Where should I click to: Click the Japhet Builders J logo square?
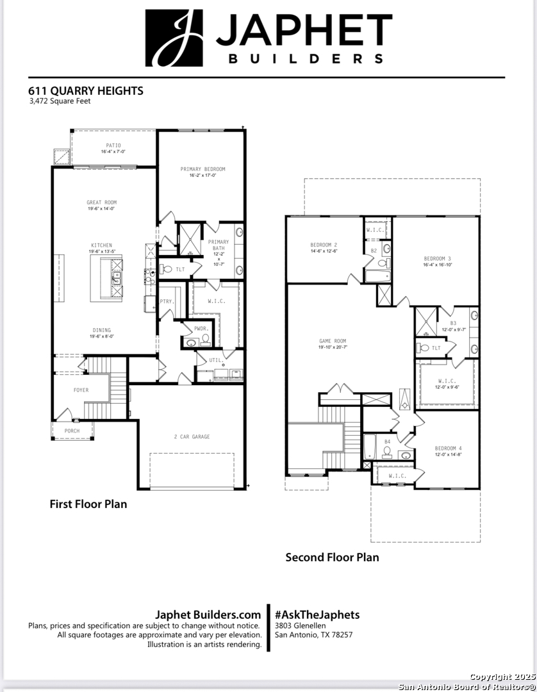174,38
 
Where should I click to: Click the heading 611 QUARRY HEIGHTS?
86,90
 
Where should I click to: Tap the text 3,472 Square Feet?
60,101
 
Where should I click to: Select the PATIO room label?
113,145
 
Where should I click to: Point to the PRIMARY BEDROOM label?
202,169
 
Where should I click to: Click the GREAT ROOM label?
102,202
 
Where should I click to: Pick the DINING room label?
101,331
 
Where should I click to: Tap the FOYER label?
81,390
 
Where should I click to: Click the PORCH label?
72,431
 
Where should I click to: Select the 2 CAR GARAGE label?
192,437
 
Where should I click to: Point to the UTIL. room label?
217,360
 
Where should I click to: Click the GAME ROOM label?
333,341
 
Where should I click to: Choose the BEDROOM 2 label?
324,245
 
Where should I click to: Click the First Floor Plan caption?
88,504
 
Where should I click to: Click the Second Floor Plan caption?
332,557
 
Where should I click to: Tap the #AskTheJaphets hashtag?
317,614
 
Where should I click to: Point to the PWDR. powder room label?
201,327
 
